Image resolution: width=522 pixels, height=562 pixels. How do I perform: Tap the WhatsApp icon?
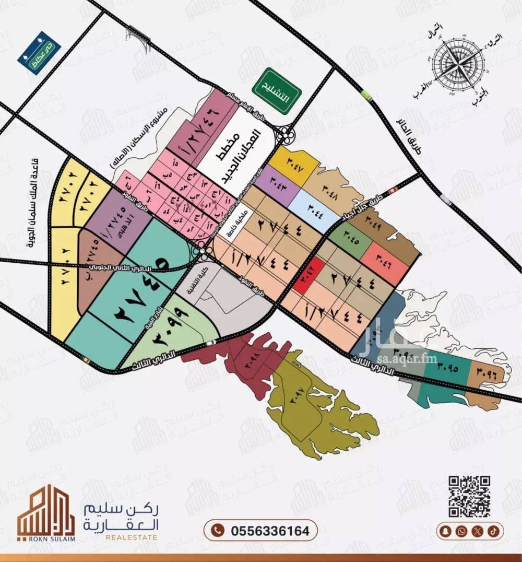point(461,531)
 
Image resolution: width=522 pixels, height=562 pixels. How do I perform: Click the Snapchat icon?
point(445,531)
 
